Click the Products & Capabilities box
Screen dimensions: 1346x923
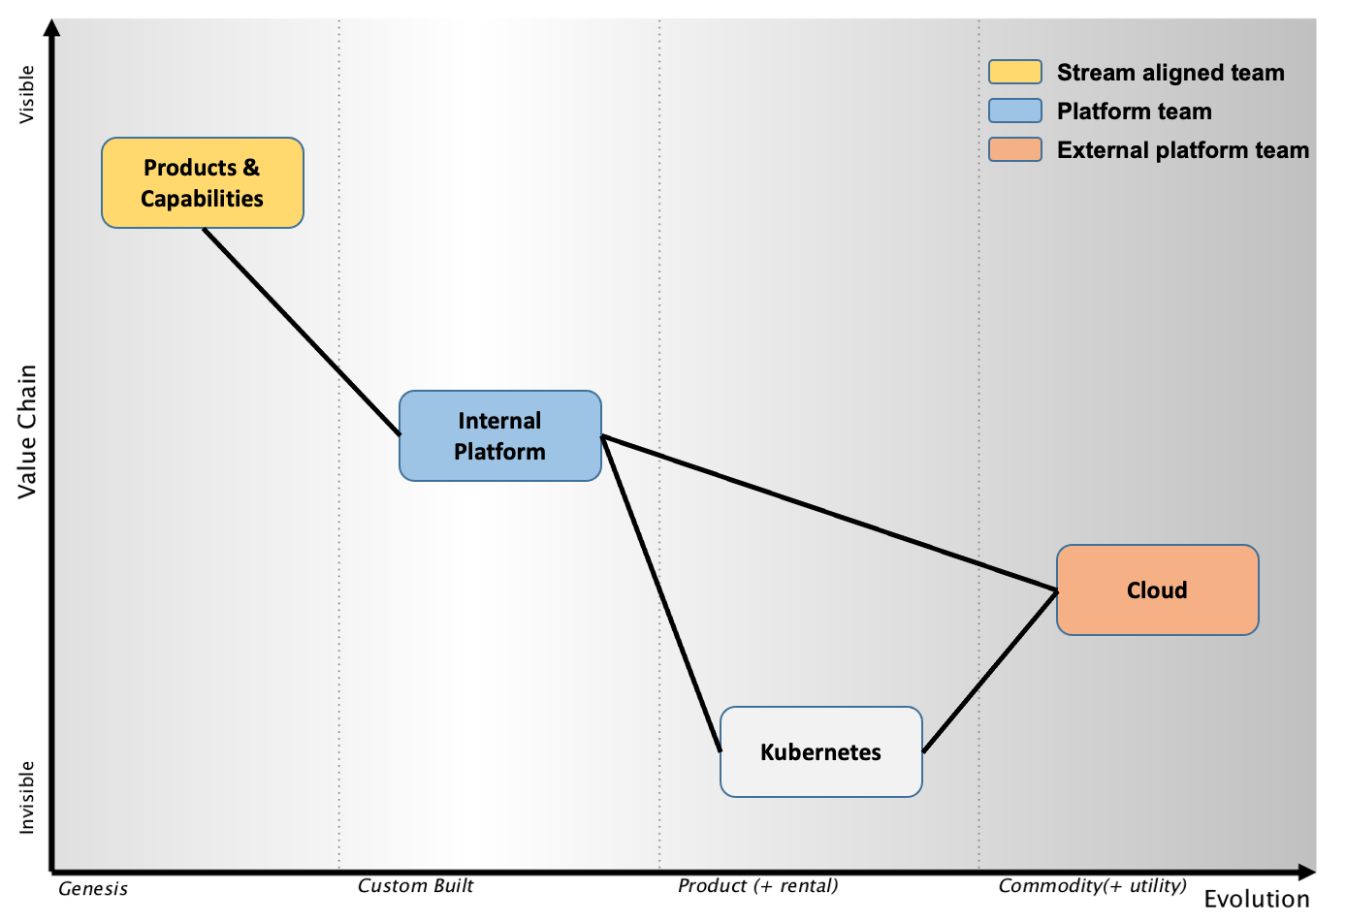[x=203, y=182]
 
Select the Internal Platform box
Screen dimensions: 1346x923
[x=500, y=435]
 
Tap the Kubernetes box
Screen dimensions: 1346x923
[x=821, y=751]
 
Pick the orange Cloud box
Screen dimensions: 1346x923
[x=1158, y=590]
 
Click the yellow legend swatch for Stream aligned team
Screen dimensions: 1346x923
[x=1015, y=72]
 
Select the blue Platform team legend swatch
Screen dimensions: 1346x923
[x=1015, y=111]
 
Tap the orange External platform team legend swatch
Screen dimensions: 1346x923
[x=1015, y=149]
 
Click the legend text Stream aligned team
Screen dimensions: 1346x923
[x=1170, y=73]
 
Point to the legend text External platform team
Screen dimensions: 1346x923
[x=1183, y=150]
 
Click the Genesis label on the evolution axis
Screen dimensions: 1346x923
[x=93, y=889]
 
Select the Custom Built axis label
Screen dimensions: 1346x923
[x=416, y=886]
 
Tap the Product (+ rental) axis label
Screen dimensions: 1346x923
[x=758, y=886]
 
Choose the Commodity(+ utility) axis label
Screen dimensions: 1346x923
[x=1093, y=886]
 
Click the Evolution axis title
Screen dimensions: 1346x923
[x=1257, y=900]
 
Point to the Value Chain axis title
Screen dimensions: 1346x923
[x=27, y=431]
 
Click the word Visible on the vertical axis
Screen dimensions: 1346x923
[x=27, y=95]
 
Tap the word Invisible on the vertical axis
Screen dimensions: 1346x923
[x=27, y=797]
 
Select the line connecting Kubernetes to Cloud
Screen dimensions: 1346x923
[x=990, y=671]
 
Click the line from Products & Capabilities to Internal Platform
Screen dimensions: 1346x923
[x=302, y=332]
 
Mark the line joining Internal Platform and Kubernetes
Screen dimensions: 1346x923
[x=661, y=593]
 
